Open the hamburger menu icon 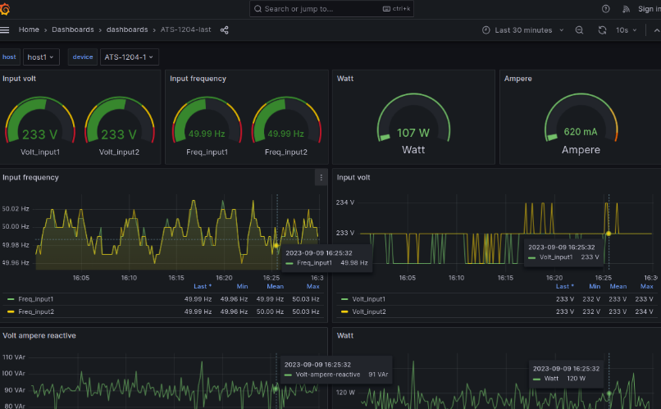coord(5,30)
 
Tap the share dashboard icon coord(225,30)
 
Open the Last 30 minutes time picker coord(522,30)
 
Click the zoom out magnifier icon coord(579,30)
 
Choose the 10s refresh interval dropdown coord(626,30)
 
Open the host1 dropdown coord(41,57)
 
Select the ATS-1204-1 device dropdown coord(129,57)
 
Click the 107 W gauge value coord(413,132)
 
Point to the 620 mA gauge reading coord(580,132)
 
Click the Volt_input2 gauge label coord(119,152)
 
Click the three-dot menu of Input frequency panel coord(321,177)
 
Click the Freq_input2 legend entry coord(35,311)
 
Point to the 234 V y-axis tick coord(344,202)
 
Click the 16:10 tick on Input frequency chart coord(129,278)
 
